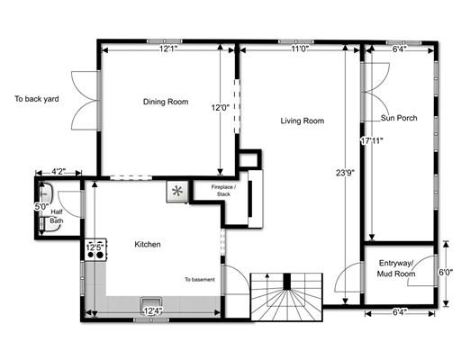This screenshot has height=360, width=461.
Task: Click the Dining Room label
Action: [x=166, y=102]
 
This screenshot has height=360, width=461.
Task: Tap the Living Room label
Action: [x=303, y=121]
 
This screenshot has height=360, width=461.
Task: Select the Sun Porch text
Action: [x=399, y=118]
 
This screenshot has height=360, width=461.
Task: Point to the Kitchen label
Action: [x=148, y=244]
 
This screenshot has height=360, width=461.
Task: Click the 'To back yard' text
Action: [x=37, y=99]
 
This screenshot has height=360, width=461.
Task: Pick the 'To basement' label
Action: [x=200, y=280]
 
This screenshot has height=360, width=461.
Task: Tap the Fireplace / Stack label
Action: [x=223, y=191]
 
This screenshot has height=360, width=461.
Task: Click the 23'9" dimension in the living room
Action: [x=346, y=173]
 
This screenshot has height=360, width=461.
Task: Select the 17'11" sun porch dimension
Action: [x=372, y=140]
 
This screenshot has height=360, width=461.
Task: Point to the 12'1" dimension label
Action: [x=168, y=49]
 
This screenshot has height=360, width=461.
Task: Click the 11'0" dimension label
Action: [x=300, y=49]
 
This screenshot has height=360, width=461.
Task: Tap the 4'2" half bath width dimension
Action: [x=59, y=172]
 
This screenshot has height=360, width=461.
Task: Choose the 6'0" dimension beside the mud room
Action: [x=446, y=273]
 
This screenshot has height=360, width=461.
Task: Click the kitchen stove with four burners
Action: [x=95, y=249]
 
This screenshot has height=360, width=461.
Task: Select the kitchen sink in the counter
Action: [x=151, y=303]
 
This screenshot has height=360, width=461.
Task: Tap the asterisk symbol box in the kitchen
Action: [x=177, y=191]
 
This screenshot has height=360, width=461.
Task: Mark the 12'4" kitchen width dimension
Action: [x=153, y=311]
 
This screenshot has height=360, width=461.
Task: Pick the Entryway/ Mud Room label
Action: [x=396, y=268]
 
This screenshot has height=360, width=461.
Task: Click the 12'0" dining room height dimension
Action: [x=221, y=107]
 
